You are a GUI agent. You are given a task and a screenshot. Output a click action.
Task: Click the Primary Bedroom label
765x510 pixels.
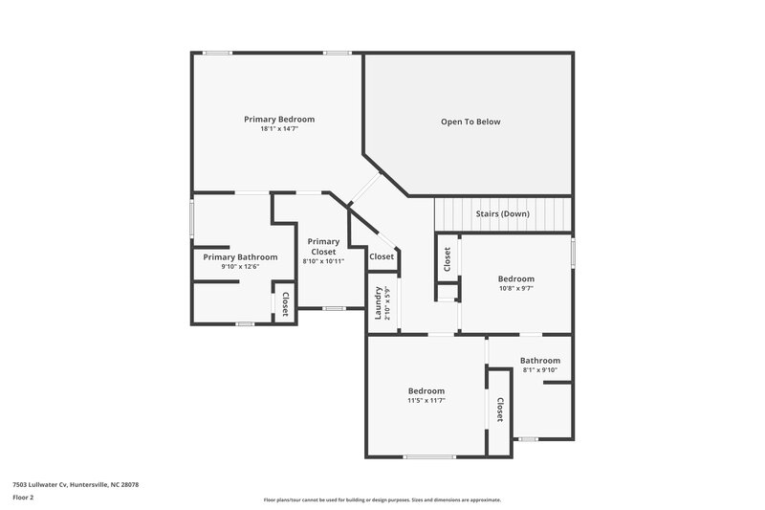click(x=279, y=120)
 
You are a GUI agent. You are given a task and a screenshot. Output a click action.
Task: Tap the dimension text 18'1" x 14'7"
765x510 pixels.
click(x=279, y=129)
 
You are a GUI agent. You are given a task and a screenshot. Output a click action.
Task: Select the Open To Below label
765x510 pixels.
click(x=470, y=122)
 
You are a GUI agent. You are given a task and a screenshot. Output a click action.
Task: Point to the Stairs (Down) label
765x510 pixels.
click(x=502, y=213)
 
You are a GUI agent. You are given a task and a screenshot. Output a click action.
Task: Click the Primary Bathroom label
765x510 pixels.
click(x=240, y=257)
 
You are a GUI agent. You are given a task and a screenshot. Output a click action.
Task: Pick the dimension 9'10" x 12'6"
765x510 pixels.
click(x=240, y=267)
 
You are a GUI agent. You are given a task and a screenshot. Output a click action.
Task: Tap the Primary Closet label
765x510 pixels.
click(x=323, y=247)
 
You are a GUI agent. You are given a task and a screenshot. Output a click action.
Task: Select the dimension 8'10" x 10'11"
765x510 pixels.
click(x=323, y=261)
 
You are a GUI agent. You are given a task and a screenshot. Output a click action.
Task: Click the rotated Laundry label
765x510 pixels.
click(x=380, y=302)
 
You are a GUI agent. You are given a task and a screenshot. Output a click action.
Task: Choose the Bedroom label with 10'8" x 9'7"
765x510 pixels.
click(x=515, y=278)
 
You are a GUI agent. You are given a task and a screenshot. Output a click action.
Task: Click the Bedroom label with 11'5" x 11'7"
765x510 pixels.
click(x=426, y=390)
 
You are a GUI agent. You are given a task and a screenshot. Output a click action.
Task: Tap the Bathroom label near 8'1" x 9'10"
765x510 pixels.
click(x=540, y=361)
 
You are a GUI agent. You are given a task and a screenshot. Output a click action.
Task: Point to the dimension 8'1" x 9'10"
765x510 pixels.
click(x=540, y=370)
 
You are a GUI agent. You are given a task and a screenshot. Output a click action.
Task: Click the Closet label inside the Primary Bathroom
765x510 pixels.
click(x=285, y=303)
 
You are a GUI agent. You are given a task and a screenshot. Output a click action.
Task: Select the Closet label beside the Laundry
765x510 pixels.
click(x=382, y=256)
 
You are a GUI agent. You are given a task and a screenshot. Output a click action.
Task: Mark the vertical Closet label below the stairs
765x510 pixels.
click(x=447, y=259)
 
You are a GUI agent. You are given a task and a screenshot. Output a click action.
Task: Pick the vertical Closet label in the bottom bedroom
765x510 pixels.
click(x=499, y=411)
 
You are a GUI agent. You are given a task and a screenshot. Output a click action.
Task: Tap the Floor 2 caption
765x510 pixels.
click(x=24, y=498)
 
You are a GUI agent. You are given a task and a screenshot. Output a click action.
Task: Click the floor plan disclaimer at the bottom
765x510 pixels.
click(x=382, y=499)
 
